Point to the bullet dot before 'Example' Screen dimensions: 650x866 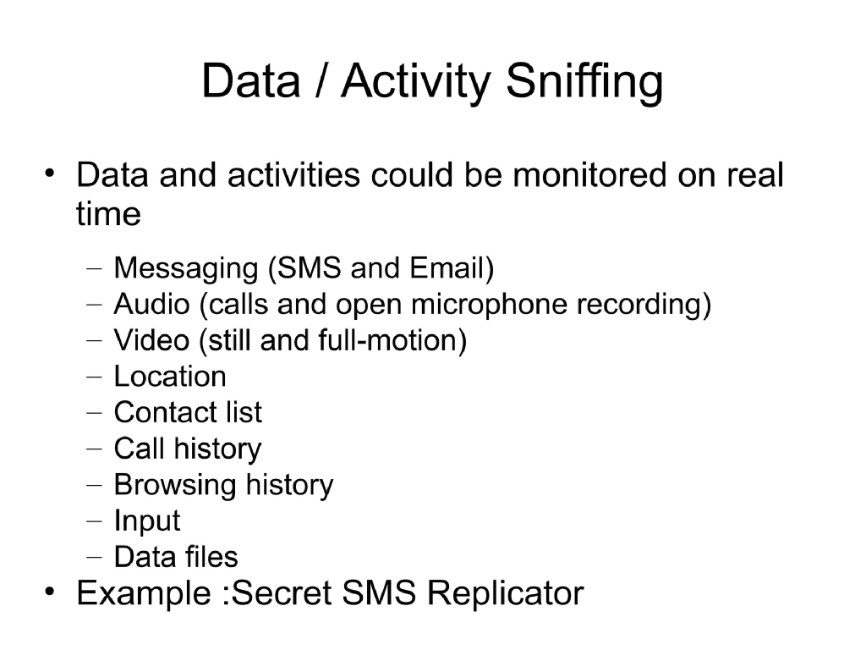click(x=52, y=592)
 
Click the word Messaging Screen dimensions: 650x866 click(x=185, y=269)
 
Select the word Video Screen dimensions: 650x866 click(x=151, y=340)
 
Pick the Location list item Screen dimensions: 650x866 click(x=170, y=377)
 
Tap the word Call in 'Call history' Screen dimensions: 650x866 click(x=140, y=449)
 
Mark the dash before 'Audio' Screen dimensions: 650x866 click(x=95, y=306)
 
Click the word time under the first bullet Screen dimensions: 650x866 click(x=107, y=214)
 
